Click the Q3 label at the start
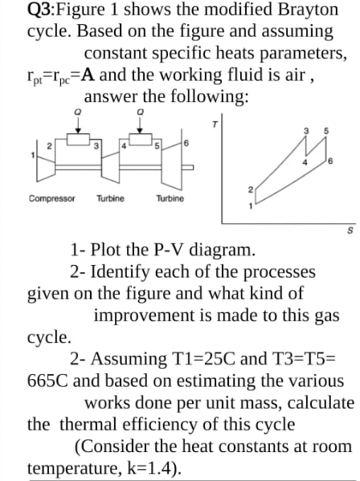click(41, 10)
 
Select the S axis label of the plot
click(351, 232)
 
